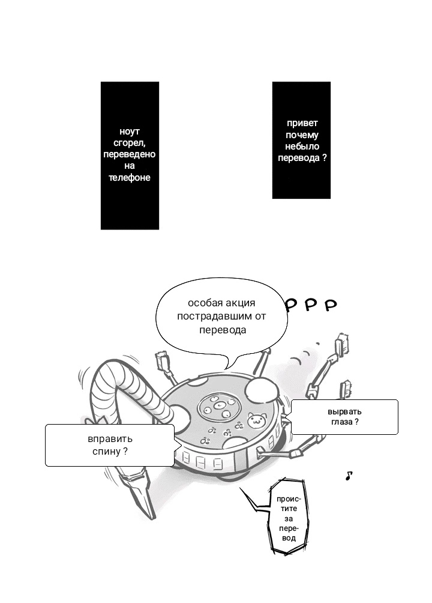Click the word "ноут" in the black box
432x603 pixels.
click(130, 132)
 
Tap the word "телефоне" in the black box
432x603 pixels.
click(130, 178)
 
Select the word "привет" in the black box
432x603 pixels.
click(301, 124)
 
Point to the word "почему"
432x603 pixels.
click(301, 135)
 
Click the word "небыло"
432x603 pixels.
click(301, 147)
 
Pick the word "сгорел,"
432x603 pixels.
click(130, 143)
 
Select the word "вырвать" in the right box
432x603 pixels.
click(344, 412)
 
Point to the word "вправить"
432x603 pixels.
click(110, 438)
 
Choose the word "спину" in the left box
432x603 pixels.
click(106, 450)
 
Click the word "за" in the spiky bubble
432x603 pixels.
click(289, 518)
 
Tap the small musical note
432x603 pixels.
click(349, 476)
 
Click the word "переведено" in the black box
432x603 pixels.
click(130, 154)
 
